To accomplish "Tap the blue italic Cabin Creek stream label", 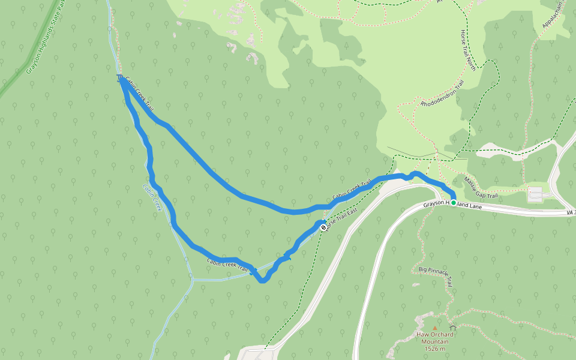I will point(152,196).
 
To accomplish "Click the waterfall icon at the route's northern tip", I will point(119,78).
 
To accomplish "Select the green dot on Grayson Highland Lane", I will point(453,203).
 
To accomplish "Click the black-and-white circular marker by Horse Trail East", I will point(323,227).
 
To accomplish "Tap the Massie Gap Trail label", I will point(481,187).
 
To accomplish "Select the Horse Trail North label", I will point(468,50).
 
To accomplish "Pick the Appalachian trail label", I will point(553,14).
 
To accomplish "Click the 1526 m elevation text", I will point(434,349).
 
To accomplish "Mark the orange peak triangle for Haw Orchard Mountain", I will point(435,328).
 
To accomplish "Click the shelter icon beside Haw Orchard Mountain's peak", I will point(452,328).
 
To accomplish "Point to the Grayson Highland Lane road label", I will point(452,205).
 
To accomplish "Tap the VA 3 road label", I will point(569,212).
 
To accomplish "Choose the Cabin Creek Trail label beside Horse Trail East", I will point(352,191).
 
